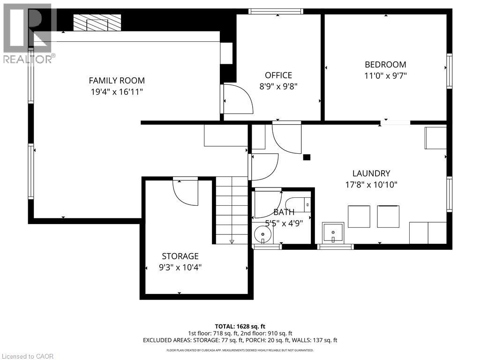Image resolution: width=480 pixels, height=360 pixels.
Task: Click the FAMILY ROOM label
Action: click(117, 80)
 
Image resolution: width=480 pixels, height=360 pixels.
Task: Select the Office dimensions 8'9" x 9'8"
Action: click(278, 86)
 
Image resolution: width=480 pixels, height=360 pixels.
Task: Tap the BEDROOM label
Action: click(385, 65)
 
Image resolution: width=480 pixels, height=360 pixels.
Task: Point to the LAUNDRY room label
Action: click(371, 173)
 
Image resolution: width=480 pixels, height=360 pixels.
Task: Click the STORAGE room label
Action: click(180, 256)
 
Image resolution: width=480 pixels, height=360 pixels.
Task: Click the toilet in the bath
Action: click(300, 203)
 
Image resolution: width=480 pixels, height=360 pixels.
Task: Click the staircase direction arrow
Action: click(232, 241)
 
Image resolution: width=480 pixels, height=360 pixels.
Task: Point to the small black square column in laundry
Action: click(307, 157)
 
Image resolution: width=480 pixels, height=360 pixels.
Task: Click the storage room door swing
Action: click(185, 192)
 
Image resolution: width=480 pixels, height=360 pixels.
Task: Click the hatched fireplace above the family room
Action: click(97, 22)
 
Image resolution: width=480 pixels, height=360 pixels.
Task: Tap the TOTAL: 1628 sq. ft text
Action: click(240, 326)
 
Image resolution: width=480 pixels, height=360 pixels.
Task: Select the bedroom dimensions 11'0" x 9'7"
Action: click(385, 76)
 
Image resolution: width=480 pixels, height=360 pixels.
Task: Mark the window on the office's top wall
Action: click(276, 11)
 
